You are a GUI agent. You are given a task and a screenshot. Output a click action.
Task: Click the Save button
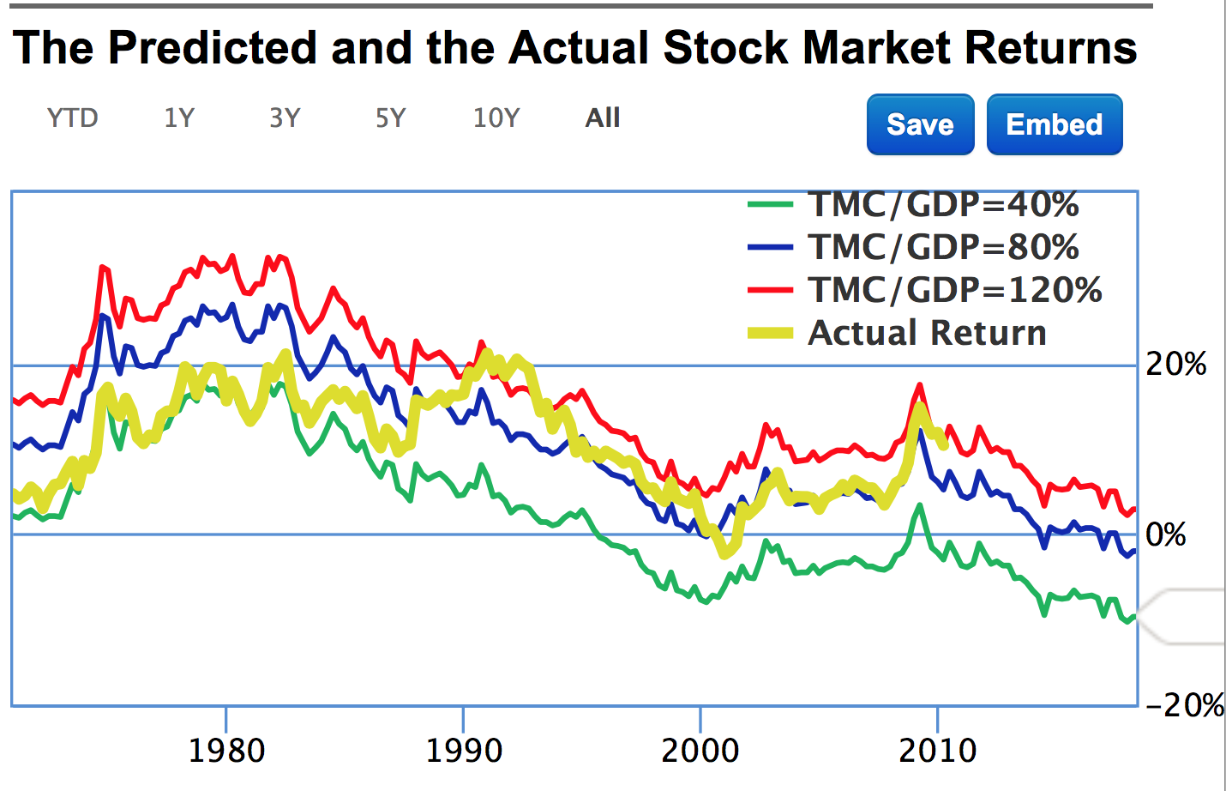(x=920, y=124)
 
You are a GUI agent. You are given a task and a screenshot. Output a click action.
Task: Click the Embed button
(x=1054, y=124)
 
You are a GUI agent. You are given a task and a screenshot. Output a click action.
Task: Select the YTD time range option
(x=73, y=118)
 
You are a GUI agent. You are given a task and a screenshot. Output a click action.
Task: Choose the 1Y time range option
(x=179, y=118)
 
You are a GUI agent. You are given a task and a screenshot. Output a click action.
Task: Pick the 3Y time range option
(x=285, y=118)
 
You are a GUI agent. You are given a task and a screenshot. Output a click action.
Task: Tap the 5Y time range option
(x=390, y=118)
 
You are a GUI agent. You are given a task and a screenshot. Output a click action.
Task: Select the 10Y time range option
(x=496, y=118)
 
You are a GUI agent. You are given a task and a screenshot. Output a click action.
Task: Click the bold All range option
(x=602, y=118)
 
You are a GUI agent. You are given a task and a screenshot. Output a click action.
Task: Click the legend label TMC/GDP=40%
(x=943, y=205)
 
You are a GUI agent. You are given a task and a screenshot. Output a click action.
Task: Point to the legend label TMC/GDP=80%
(x=943, y=248)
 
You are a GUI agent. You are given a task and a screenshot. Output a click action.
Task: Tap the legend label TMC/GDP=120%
(x=954, y=290)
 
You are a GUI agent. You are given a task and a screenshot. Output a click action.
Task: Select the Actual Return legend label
(x=927, y=333)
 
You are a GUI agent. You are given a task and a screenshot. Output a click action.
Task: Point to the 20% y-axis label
(x=1175, y=365)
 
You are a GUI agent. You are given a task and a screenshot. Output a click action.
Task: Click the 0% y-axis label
(x=1166, y=535)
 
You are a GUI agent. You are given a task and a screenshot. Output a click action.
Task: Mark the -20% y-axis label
(x=1184, y=705)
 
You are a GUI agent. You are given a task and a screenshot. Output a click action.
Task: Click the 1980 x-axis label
(x=226, y=751)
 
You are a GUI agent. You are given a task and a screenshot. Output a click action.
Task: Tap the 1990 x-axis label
(x=464, y=751)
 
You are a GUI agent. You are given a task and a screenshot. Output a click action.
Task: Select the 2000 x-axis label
(x=700, y=751)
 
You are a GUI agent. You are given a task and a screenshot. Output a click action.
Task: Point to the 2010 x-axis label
(x=937, y=751)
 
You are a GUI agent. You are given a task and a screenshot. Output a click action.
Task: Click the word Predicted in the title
(x=213, y=48)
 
